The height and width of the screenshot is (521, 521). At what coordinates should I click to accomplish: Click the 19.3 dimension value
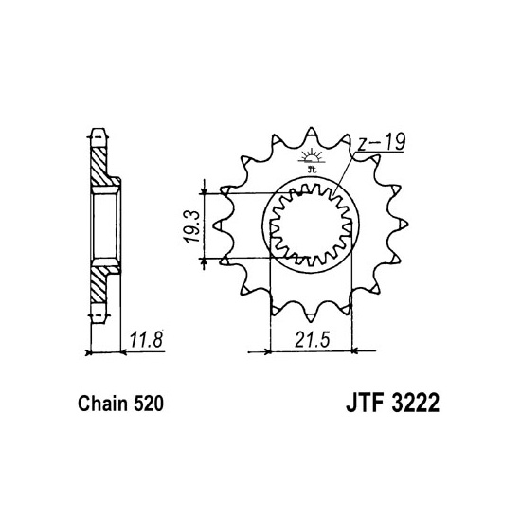point(192,226)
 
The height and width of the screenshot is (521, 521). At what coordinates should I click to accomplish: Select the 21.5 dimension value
point(312,340)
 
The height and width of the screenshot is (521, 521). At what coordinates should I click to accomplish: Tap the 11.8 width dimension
point(146,339)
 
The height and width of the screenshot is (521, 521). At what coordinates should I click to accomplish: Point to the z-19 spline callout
point(382,142)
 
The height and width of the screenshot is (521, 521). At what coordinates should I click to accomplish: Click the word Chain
point(102,404)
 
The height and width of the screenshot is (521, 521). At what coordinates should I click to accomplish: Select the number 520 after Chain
point(149,404)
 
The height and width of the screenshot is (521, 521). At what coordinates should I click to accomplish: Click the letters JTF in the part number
point(365,403)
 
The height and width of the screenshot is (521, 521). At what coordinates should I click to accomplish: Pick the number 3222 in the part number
point(415,403)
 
